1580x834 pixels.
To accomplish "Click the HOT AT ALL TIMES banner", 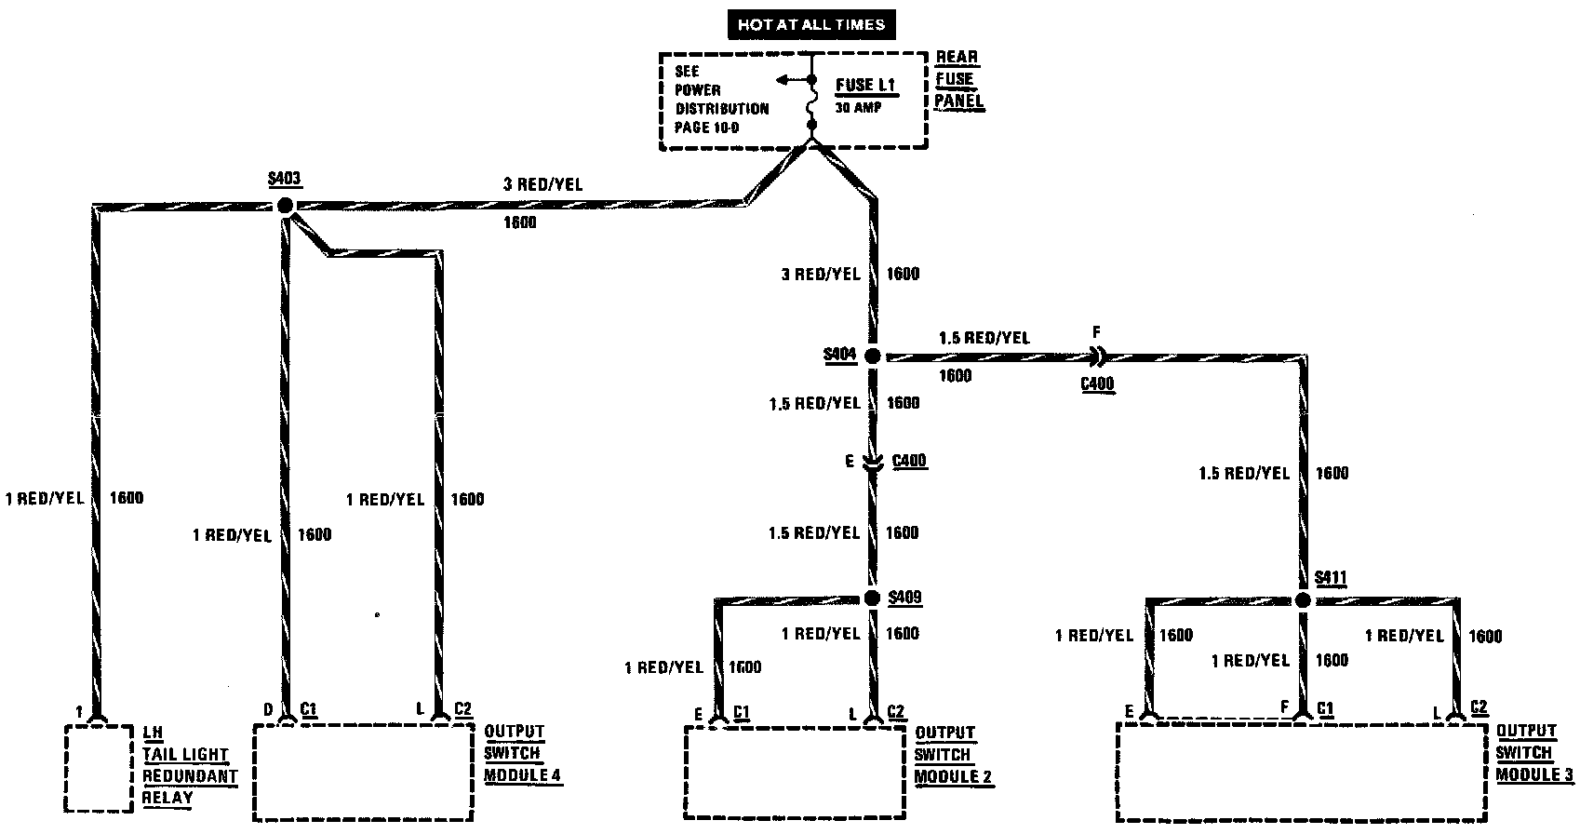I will click(x=810, y=25).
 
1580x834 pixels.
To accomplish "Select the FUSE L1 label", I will click(x=864, y=85).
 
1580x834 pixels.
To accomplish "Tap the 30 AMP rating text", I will click(x=858, y=108).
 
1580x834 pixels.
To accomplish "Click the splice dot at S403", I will click(x=285, y=206).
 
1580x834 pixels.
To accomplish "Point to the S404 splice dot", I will click(x=873, y=356).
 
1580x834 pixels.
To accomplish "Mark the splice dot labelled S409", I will click(x=872, y=599).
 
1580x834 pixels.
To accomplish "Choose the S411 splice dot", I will click(x=1303, y=600).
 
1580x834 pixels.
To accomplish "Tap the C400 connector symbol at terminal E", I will click(x=873, y=462).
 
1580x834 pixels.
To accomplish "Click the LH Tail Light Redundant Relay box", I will click(x=98, y=769).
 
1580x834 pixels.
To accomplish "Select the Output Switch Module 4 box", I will click(x=361, y=773).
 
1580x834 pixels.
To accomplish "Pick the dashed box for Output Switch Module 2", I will click(x=794, y=773).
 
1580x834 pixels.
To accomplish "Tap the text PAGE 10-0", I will click(x=707, y=128).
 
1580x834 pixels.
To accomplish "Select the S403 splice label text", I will click(x=284, y=180).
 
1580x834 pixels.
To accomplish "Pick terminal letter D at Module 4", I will click(x=268, y=710).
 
